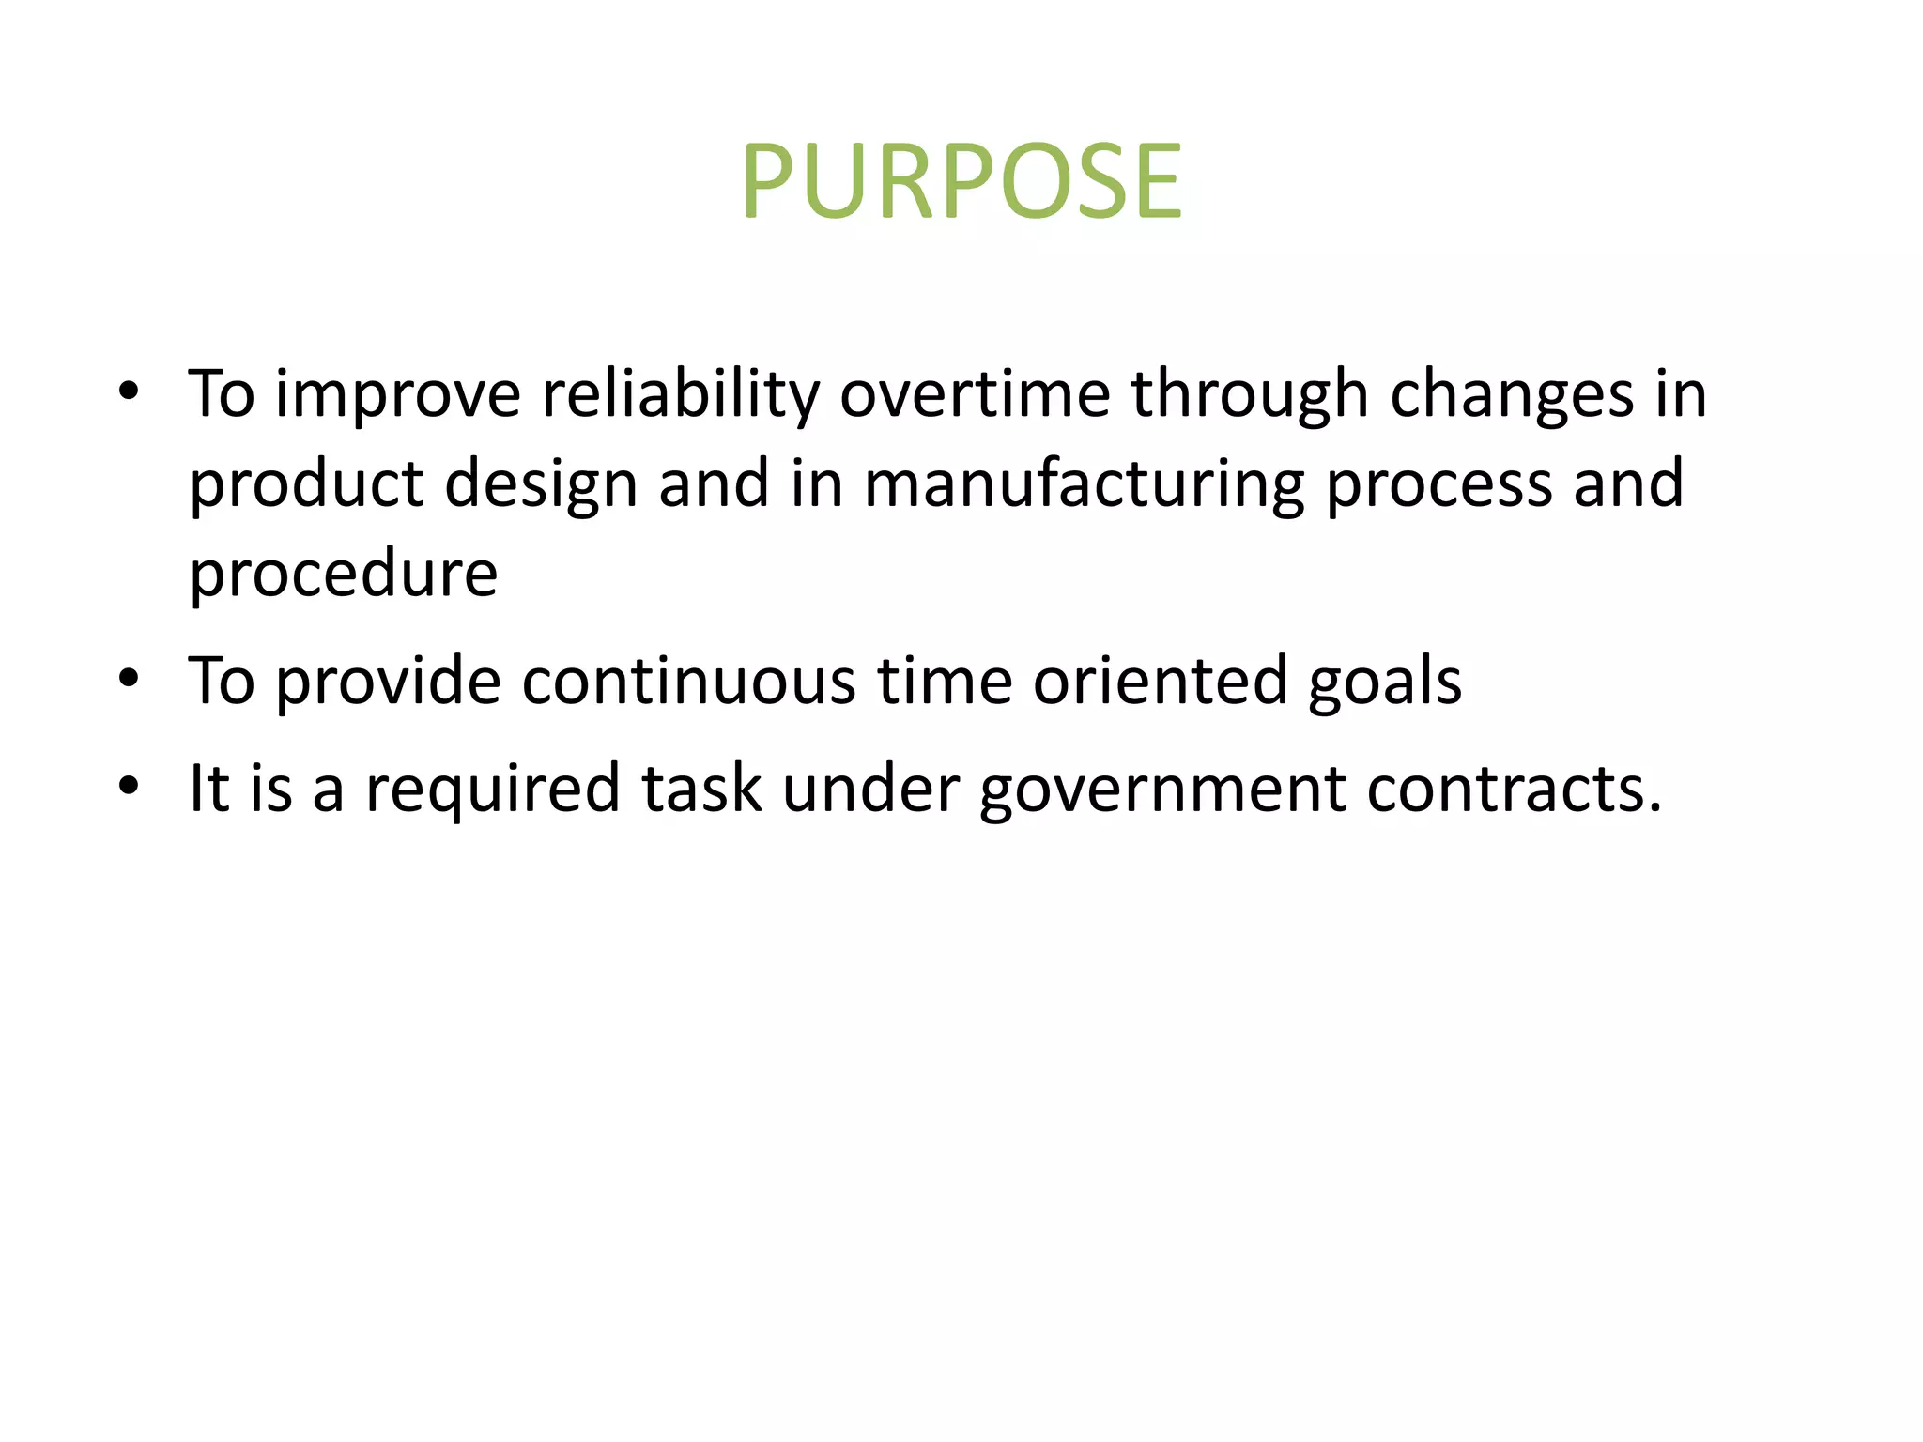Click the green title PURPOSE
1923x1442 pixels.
coord(961,180)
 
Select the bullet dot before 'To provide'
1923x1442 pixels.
coord(129,677)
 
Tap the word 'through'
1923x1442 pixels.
coord(1249,394)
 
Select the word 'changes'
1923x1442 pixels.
coord(1512,394)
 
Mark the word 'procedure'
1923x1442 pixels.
coord(343,575)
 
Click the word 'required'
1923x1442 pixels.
coord(492,789)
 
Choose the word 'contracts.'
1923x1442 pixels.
coord(1515,789)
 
